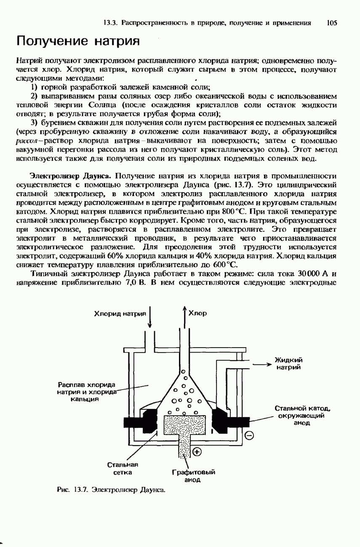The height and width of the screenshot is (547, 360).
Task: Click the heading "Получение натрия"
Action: (x=77, y=41)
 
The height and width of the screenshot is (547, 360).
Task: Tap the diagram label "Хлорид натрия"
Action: (x=119, y=313)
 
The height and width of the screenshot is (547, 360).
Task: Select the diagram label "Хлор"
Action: (x=197, y=313)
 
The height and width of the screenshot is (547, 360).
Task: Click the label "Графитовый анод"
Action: (x=194, y=476)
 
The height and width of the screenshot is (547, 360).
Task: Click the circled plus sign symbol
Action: (x=197, y=452)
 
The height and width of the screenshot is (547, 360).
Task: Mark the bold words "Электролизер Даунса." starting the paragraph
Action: (x=70, y=175)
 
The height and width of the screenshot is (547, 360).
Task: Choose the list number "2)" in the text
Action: (x=34, y=96)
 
